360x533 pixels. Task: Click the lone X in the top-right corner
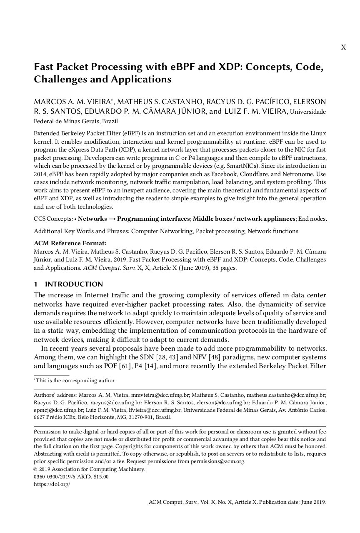343,47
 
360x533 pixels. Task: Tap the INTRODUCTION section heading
74,284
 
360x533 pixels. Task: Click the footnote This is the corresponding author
75,381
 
